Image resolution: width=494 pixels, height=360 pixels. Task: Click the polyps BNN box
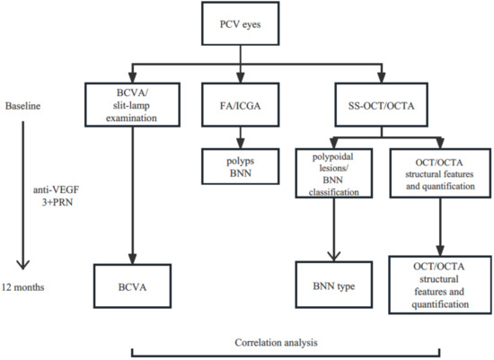click(x=238, y=166)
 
